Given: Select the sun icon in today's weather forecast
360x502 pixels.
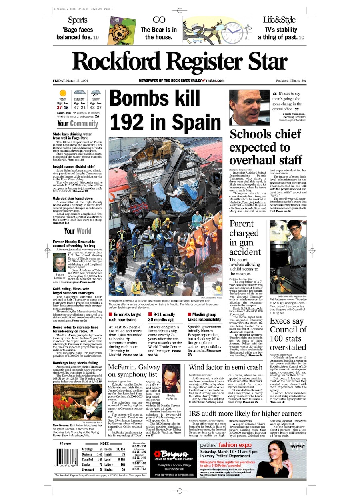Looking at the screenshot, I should pyautogui.click(x=62, y=93).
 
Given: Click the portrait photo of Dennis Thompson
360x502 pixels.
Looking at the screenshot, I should pyautogui.click(x=249, y=107).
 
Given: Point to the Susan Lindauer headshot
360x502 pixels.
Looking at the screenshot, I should pyautogui.click(x=59, y=262).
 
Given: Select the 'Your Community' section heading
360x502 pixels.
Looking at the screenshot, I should pyautogui.click(x=78, y=124).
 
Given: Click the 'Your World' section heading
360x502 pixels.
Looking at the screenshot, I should pyautogui.click(x=78, y=231).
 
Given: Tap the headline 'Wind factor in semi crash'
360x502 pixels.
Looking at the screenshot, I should pyautogui.click(x=226, y=367).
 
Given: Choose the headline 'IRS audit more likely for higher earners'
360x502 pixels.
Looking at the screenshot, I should pyautogui.click(x=246, y=413).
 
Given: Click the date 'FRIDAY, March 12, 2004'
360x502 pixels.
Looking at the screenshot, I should pyautogui.click(x=70, y=80).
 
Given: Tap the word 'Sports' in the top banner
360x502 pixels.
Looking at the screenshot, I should pyautogui.click(x=78, y=20).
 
